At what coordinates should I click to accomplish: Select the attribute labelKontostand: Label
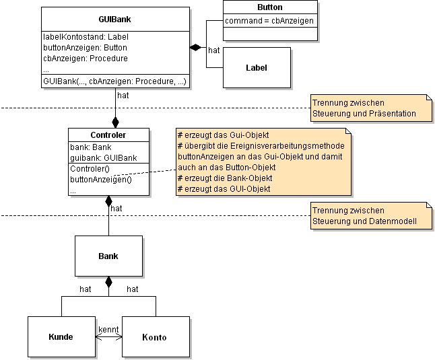(x=86, y=37)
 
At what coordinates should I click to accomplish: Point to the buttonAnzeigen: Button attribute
(x=85, y=48)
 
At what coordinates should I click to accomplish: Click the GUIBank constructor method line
(x=114, y=81)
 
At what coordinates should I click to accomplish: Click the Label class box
(x=257, y=67)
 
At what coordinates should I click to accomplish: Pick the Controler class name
(x=108, y=135)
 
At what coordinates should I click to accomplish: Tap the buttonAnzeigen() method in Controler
(x=101, y=180)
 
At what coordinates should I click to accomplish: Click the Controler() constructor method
(x=90, y=169)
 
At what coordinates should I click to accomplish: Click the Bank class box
(x=108, y=256)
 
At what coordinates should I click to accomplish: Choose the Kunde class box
(x=61, y=337)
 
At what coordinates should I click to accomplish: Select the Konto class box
(x=155, y=337)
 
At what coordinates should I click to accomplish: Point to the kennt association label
(x=108, y=330)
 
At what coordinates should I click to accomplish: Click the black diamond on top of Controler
(x=115, y=122)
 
